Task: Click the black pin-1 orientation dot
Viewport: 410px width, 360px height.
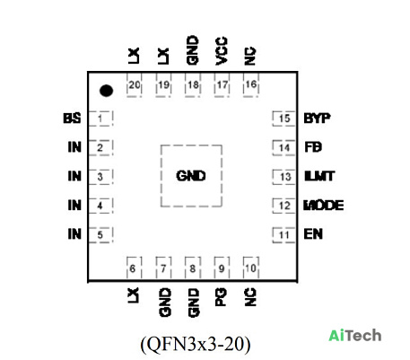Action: coord(106,91)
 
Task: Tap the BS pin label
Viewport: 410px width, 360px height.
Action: coord(72,119)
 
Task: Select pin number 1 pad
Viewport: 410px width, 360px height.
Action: coord(100,119)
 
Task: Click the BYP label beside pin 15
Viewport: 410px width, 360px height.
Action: coord(317,119)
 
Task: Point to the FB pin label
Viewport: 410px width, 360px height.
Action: coord(313,147)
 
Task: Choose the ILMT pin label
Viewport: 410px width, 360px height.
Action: coord(319,176)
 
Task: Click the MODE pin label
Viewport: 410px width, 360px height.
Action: coord(324,206)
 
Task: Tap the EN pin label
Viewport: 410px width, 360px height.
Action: coord(313,233)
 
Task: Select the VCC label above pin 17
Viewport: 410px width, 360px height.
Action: coord(222,51)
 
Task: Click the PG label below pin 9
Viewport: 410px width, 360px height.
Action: coord(221,297)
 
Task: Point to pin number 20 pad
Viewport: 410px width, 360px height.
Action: coord(135,85)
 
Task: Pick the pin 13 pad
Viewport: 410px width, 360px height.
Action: coord(284,177)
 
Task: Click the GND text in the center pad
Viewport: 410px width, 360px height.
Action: coord(191,176)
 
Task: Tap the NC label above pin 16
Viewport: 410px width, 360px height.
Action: coord(250,56)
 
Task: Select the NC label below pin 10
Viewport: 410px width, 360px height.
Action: coord(250,297)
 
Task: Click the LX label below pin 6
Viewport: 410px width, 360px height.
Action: coord(134,295)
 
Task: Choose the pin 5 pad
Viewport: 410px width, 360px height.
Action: coord(100,234)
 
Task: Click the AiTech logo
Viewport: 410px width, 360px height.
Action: coord(355,336)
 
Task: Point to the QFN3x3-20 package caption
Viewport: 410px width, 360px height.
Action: coord(196,344)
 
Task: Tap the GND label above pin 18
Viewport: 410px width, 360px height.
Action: coord(192,50)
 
